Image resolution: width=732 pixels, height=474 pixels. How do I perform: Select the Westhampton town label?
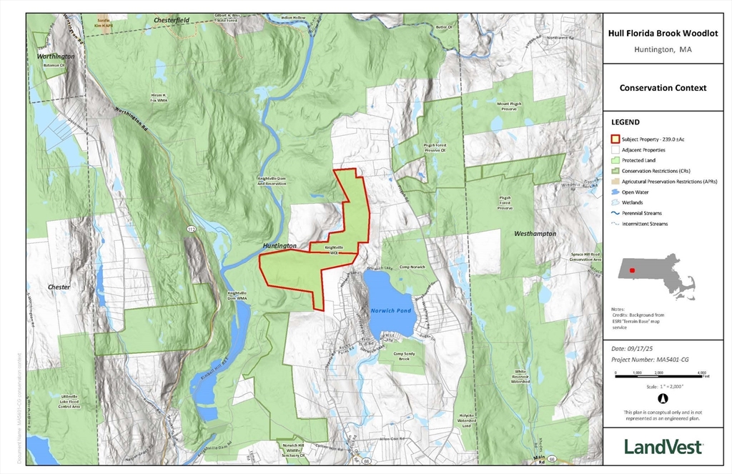pos(535,234)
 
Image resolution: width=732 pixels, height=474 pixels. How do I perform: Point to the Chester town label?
pos(59,287)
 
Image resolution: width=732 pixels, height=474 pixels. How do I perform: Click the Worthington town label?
pos(56,56)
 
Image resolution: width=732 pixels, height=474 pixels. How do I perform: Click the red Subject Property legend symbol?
pos(614,139)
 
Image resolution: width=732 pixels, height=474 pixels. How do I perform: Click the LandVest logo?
pos(663,447)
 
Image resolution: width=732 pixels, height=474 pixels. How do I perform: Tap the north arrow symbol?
pos(662,398)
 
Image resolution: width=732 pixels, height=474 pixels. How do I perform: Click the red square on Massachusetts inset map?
pos(631,270)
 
